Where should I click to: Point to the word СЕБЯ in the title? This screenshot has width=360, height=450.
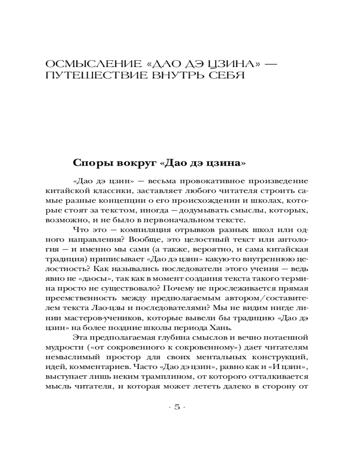pyautogui.click(x=229, y=74)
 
